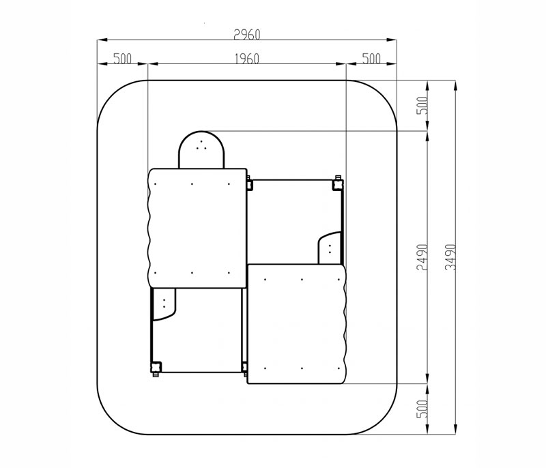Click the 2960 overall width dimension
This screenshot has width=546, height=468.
click(247, 35)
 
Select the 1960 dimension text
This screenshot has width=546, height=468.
click(247, 59)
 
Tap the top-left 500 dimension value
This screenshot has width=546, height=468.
click(123, 59)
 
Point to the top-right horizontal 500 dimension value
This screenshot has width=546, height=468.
click(371, 59)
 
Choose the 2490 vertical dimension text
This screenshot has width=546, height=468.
click(422, 257)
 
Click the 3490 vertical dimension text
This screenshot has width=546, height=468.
click(450, 257)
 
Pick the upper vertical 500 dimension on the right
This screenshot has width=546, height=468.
click(422, 106)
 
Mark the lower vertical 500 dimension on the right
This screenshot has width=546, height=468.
click(422, 409)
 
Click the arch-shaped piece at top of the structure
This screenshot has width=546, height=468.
click(201, 150)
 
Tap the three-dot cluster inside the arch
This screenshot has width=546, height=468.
click(201, 146)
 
